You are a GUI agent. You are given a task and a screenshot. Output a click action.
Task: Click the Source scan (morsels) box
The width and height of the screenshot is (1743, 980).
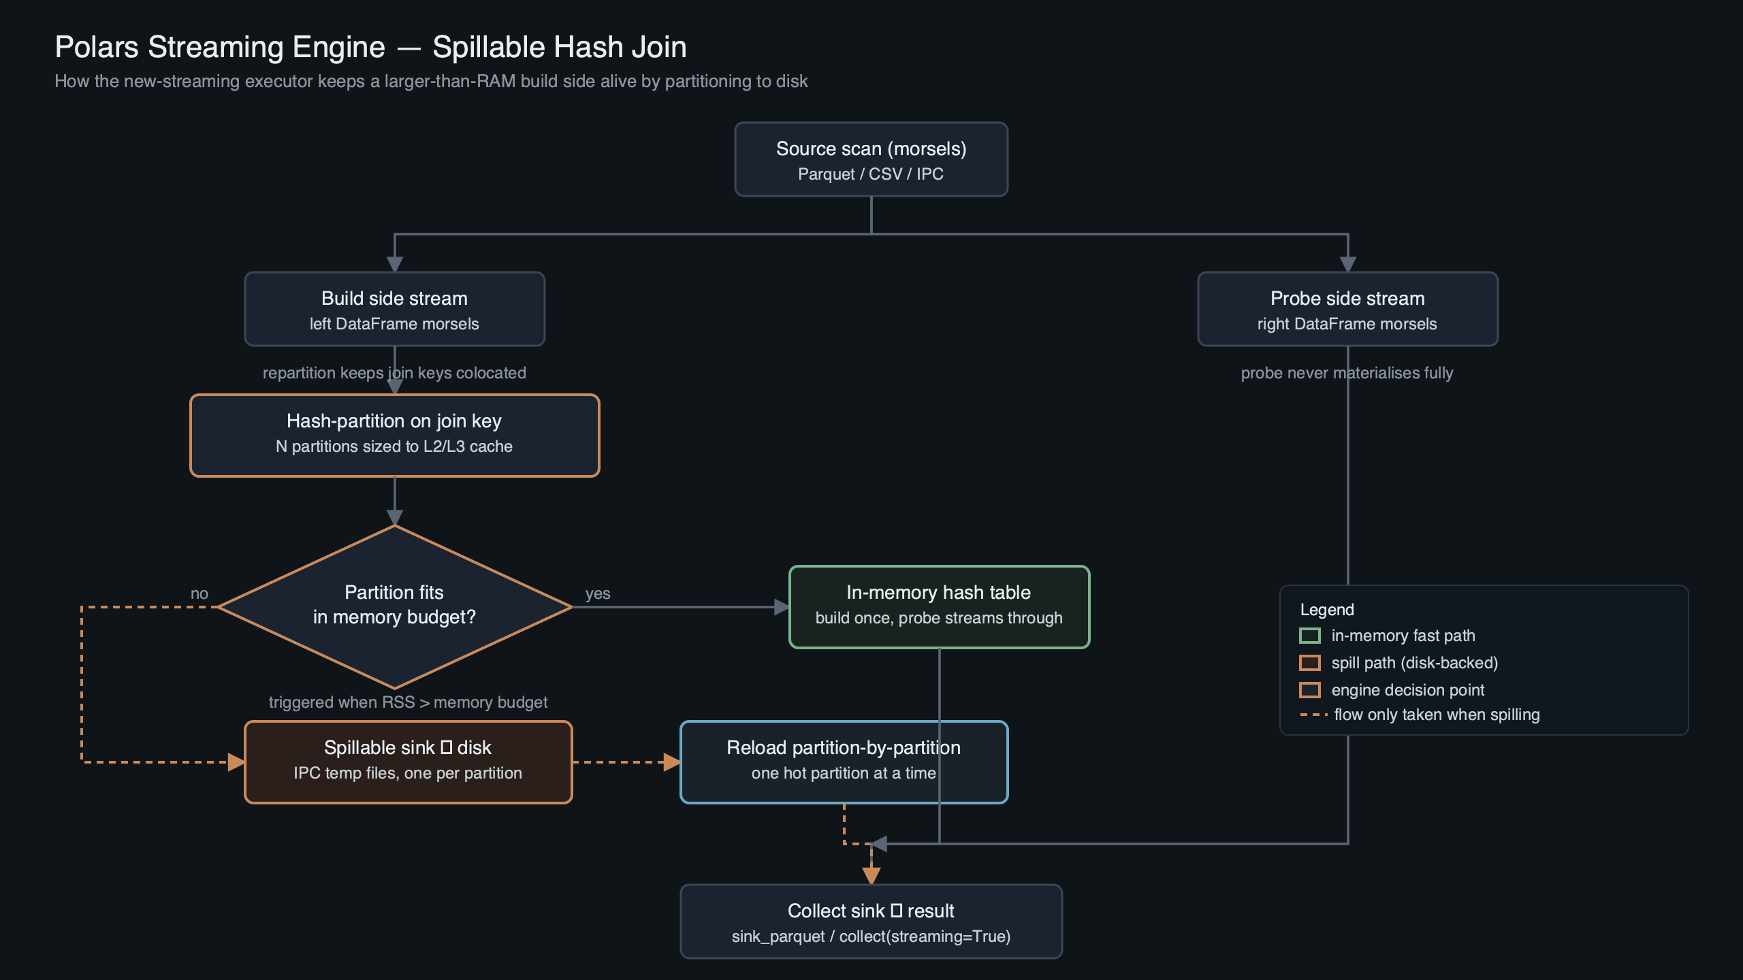(871, 159)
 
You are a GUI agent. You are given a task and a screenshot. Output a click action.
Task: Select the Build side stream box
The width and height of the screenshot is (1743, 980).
(394, 309)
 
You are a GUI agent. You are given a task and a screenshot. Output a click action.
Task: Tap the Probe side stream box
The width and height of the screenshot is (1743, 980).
(1347, 309)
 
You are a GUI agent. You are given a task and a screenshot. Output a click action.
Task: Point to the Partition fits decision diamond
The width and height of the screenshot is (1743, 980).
(394, 606)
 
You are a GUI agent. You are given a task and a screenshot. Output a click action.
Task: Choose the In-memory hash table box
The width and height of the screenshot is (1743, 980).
(939, 606)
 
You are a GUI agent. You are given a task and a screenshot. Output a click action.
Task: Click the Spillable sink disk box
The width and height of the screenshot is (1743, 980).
(408, 762)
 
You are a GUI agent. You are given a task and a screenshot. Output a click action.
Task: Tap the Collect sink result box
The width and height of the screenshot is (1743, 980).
(871, 921)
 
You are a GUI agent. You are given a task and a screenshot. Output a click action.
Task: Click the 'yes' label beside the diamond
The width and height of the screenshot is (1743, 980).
(598, 593)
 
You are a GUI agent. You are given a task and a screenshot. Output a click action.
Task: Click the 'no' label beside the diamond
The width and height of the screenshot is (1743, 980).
(199, 593)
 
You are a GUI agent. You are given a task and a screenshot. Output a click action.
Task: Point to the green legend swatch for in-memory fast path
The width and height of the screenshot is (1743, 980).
(1310, 636)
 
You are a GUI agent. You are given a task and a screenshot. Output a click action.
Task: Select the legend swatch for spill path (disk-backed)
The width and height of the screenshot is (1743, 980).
(1310, 663)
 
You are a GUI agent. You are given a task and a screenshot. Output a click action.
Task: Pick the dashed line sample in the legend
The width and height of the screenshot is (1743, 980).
(1313, 715)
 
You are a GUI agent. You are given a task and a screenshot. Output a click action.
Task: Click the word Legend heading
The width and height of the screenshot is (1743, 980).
(1327, 610)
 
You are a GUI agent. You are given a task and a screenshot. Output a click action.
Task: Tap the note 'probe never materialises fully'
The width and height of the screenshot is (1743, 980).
(1347, 373)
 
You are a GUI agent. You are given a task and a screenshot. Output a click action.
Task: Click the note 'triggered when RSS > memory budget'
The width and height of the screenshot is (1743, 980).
(408, 702)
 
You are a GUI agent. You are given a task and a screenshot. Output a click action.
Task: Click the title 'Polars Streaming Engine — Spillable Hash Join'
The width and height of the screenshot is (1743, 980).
(370, 47)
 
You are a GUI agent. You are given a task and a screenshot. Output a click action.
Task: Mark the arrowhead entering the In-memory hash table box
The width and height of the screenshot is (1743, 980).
(782, 607)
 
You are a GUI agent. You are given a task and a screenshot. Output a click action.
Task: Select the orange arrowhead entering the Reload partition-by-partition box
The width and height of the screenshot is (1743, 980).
(672, 762)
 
